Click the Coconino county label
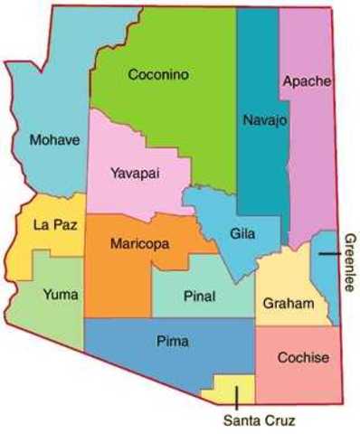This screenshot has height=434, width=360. tap(157, 75)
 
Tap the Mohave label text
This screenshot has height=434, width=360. tap(54, 140)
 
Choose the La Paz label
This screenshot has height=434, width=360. tap(52, 224)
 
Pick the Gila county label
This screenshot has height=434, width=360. tap(242, 234)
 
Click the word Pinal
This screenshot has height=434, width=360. tap(199, 296)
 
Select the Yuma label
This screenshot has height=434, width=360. tap(62, 294)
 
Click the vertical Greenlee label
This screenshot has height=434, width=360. tap(349, 261)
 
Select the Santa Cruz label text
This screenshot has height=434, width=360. tap(259, 420)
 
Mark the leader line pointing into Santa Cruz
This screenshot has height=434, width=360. tap(234, 395)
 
